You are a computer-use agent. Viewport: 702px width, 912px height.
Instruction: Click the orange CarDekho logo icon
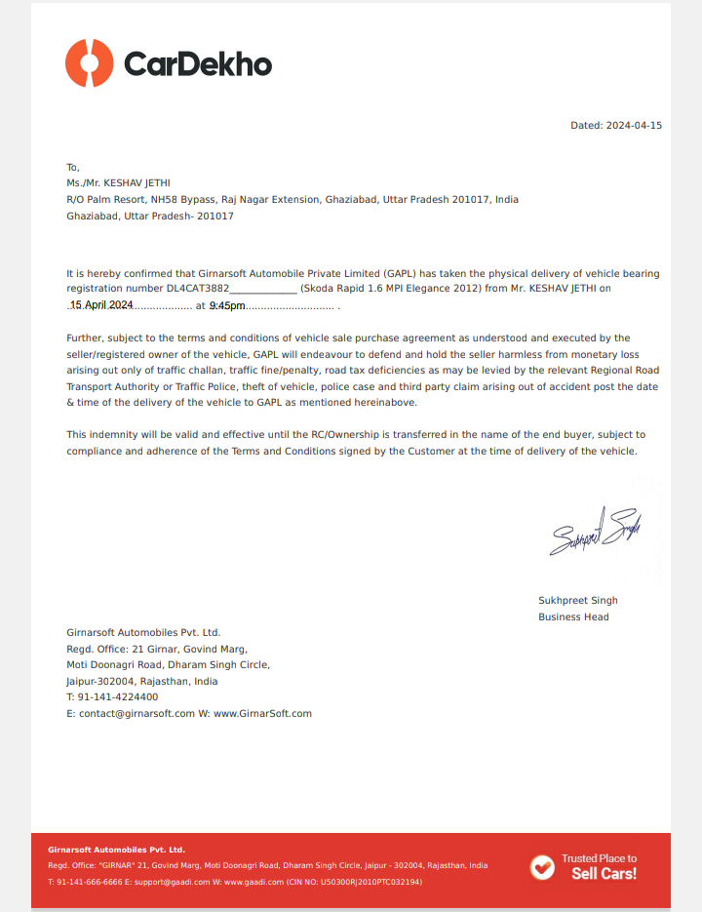pos(90,63)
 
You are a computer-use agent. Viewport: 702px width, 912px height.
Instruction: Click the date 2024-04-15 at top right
pos(634,126)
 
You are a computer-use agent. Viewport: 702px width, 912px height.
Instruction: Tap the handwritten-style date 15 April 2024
pos(101,305)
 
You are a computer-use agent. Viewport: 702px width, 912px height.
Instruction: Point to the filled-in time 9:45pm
pos(227,306)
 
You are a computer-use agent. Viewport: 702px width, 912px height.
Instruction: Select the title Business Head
pos(573,616)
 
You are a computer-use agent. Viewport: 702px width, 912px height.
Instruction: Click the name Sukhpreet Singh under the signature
pos(577,600)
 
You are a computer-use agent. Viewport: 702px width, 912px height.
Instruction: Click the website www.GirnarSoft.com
pos(262,713)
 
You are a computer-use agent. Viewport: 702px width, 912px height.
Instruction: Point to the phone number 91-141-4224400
pos(117,697)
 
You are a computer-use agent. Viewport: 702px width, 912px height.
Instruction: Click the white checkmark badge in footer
pos(541,866)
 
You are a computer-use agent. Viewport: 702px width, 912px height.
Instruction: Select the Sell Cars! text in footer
pos(604,874)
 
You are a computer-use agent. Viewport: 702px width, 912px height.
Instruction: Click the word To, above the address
pos(72,167)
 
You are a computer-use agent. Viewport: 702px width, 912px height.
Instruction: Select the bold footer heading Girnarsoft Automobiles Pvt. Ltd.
pos(116,850)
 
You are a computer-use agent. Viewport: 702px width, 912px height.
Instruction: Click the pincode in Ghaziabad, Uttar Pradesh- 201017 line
pos(214,216)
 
